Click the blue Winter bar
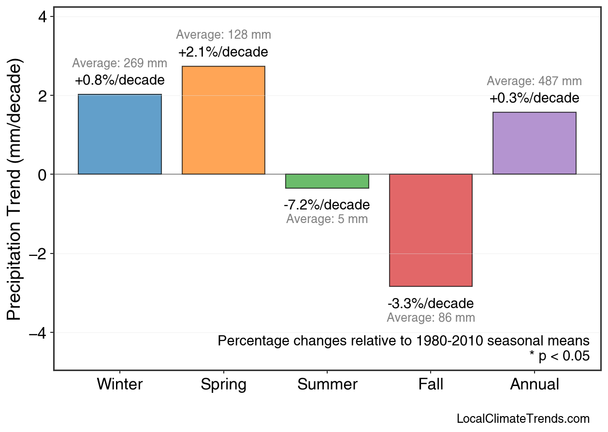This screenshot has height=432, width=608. (x=120, y=134)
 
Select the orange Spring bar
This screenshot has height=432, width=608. (x=223, y=120)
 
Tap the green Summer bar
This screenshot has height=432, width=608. (x=327, y=181)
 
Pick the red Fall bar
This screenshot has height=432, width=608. (x=431, y=230)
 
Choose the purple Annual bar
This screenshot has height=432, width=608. (x=534, y=143)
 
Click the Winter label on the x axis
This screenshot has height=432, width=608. (x=120, y=385)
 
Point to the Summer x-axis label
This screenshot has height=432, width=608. (x=327, y=385)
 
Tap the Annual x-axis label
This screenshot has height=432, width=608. (x=534, y=385)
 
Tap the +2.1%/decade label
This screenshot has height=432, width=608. (x=223, y=52)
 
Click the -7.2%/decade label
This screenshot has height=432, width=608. (x=327, y=205)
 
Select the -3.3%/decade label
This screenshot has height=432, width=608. (x=431, y=304)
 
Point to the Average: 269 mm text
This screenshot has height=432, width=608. (x=119, y=63)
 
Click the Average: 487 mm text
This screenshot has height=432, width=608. (x=534, y=81)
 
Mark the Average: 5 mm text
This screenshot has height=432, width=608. (x=327, y=219)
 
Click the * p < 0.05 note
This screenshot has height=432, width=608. (x=559, y=356)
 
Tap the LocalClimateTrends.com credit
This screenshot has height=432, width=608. (x=523, y=419)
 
